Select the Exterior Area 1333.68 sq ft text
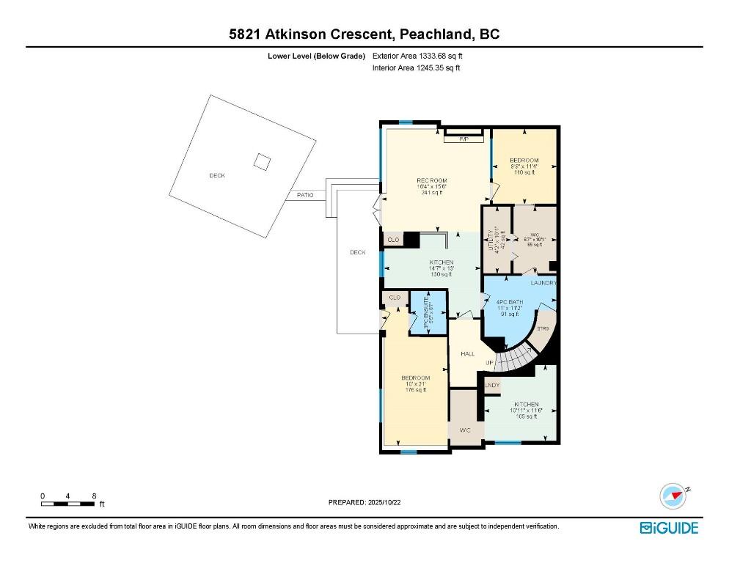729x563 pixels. pyautogui.click(x=418, y=56)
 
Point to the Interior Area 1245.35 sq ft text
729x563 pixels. pyautogui.click(x=417, y=68)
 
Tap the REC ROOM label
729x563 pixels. pyautogui.click(x=432, y=186)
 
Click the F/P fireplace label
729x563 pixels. pyautogui.click(x=464, y=139)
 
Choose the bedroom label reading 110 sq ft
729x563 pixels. pyautogui.click(x=524, y=166)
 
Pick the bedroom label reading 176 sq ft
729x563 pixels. pyautogui.click(x=414, y=384)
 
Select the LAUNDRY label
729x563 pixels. pyautogui.click(x=544, y=282)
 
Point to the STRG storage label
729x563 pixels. pyautogui.click(x=543, y=329)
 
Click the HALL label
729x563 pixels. pyautogui.click(x=467, y=353)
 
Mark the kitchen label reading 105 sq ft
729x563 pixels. pyautogui.click(x=526, y=410)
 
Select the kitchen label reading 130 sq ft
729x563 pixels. pyautogui.click(x=442, y=268)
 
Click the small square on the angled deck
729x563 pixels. pyautogui.click(x=262, y=161)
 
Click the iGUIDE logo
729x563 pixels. pyautogui.click(x=668, y=528)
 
